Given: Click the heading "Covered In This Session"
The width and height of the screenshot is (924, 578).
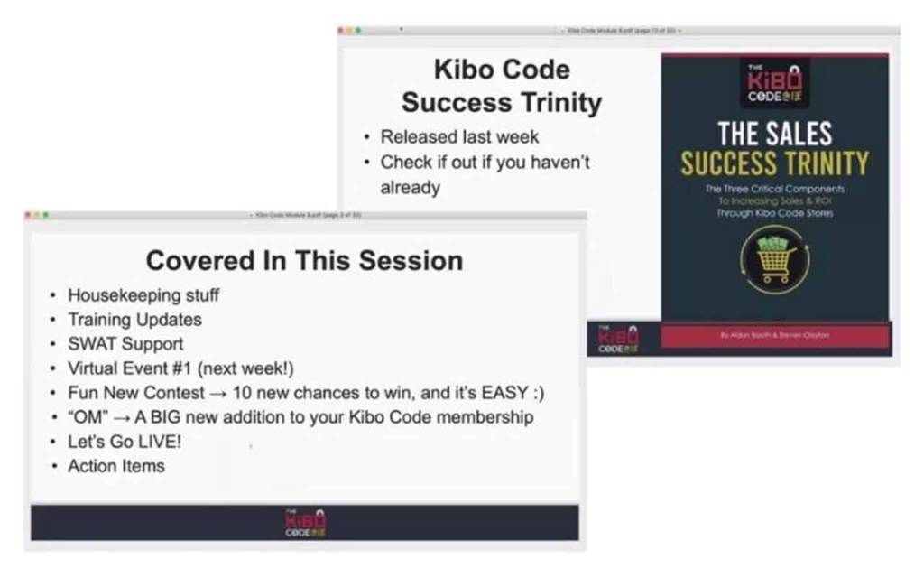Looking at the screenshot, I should pyautogui.click(x=304, y=261).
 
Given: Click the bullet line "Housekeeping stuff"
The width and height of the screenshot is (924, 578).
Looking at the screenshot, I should pyautogui.click(x=143, y=295).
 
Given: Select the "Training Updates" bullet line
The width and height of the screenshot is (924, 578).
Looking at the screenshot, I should pyautogui.click(x=134, y=320).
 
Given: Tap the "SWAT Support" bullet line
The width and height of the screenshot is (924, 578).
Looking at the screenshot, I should pyautogui.click(x=125, y=344).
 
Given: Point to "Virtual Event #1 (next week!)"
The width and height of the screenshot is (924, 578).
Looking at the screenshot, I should pyautogui.click(x=180, y=368).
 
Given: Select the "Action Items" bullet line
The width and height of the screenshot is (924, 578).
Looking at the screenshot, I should pyautogui.click(x=116, y=466).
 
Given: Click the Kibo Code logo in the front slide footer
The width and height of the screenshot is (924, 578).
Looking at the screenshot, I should pyautogui.click(x=305, y=523).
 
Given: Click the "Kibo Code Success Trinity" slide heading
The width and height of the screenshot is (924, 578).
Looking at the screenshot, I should pyautogui.click(x=501, y=86).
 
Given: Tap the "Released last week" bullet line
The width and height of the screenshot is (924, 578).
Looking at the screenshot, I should pyautogui.click(x=459, y=137).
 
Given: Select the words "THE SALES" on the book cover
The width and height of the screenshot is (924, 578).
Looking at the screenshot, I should pyautogui.click(x=774, y=134).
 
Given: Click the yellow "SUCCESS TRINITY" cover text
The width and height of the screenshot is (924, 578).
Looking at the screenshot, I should pyautogui.click(x=774, y=163).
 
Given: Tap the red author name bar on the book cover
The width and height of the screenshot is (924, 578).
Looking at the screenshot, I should pyautogui.click(x=775, y=336).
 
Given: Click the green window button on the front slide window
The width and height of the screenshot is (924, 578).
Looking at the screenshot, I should pyautogui.click(x=46, y=215).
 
